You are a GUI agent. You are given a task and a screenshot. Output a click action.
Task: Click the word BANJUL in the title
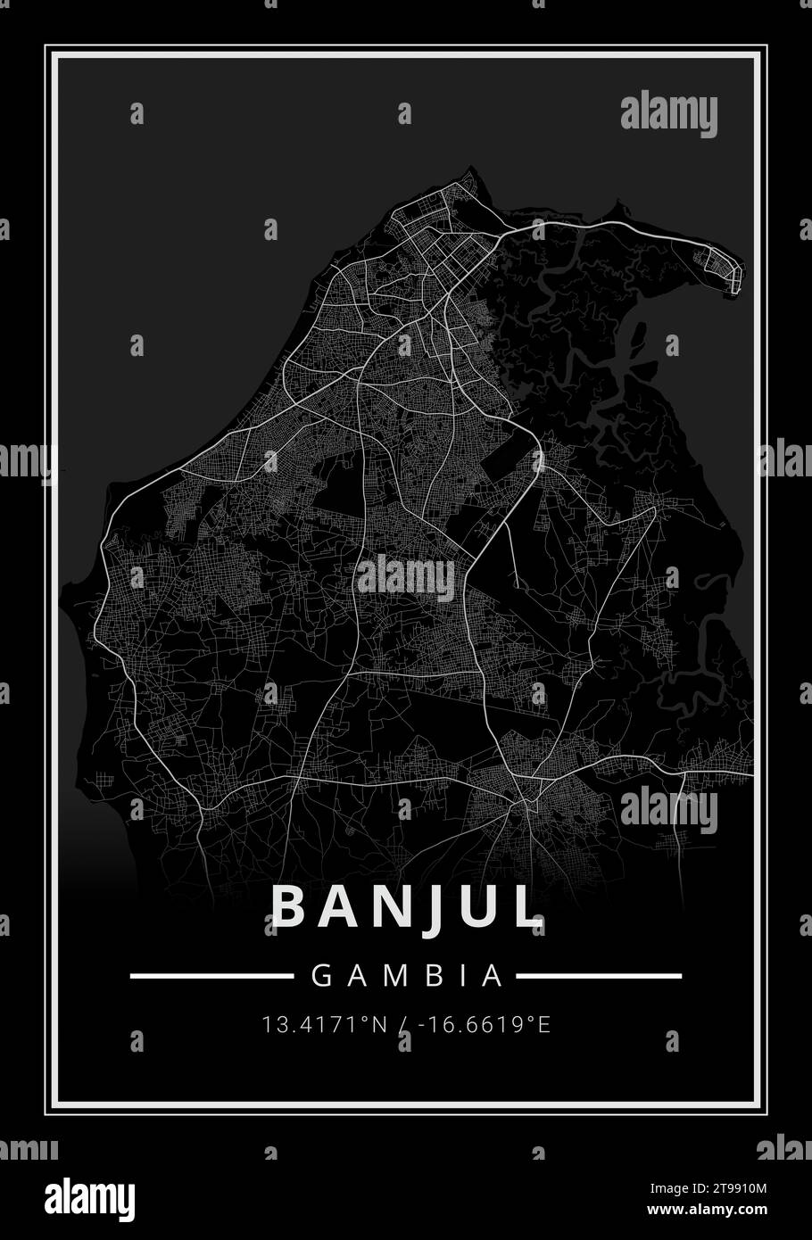coord(406,906)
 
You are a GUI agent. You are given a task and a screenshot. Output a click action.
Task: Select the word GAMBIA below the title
coord(406,976)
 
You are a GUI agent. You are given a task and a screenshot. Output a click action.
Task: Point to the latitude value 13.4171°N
coord(325,1024)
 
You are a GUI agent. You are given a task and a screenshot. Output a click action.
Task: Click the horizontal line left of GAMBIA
coord(211,976)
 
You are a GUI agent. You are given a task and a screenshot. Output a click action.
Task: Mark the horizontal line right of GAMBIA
coord(600,976)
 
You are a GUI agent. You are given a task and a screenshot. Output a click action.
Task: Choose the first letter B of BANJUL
coord(289,906)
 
